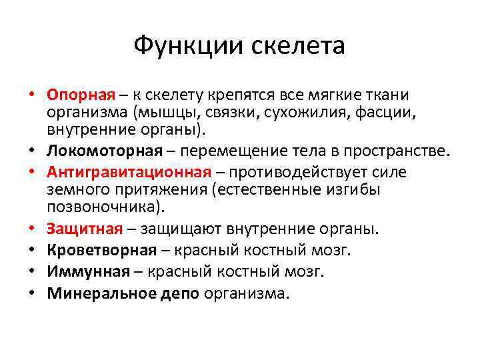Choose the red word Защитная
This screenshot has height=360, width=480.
[x=85, y=229]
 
